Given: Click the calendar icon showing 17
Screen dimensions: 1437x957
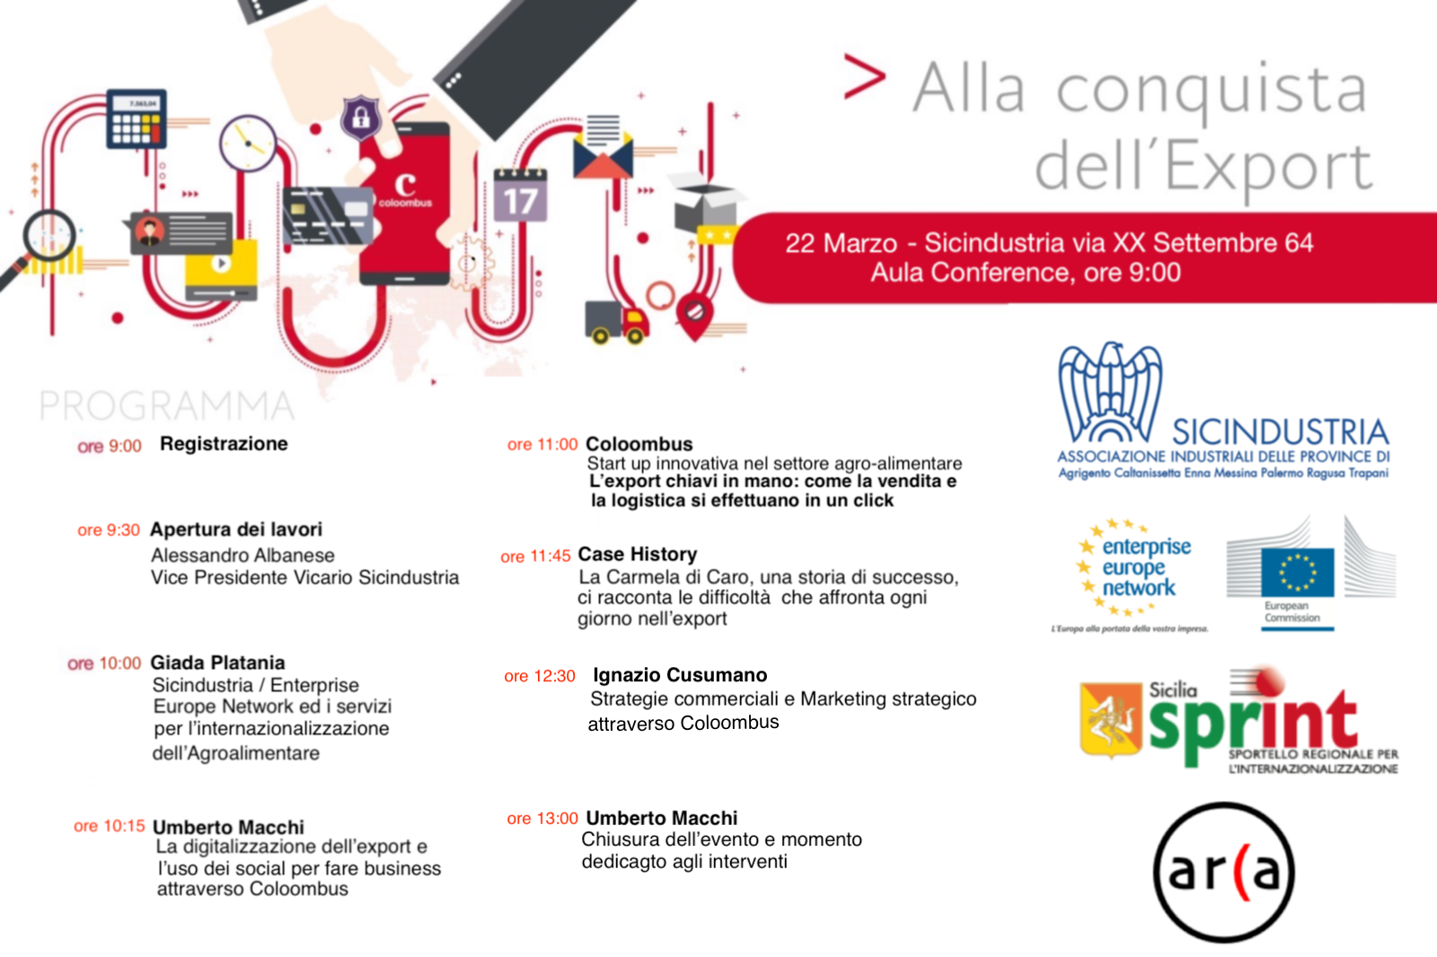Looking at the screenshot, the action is click(x=520, y=194).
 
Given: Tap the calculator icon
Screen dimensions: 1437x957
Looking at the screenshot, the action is click(x=137, y=119).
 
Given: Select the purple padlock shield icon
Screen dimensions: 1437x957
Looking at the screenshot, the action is click(x=360, y=118).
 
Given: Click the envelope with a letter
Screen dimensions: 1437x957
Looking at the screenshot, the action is click(x=603, y=147).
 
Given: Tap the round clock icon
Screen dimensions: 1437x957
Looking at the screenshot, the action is click(x=248, y=143).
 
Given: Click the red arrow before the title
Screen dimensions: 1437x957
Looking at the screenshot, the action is click(x=865, y=76).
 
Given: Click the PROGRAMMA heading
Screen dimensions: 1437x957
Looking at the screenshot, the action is click(x=167, y=406).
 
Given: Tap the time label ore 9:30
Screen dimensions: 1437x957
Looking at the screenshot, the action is click(x=109, y=531).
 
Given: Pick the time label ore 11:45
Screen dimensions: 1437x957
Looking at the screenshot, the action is click(x=535, y=557).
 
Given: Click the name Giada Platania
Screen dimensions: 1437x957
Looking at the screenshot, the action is click(x=217, y=663).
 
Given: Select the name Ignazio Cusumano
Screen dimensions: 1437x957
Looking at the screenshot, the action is click(x=680, y=675).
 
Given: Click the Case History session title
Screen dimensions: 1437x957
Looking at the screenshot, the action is click(x=638, y=554).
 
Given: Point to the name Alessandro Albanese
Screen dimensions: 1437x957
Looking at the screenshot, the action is click(x=242, y=556).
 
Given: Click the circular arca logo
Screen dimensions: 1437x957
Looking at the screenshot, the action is click(x=1224, y=873).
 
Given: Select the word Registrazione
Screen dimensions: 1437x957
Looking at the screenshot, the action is click(x=224, y=443).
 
